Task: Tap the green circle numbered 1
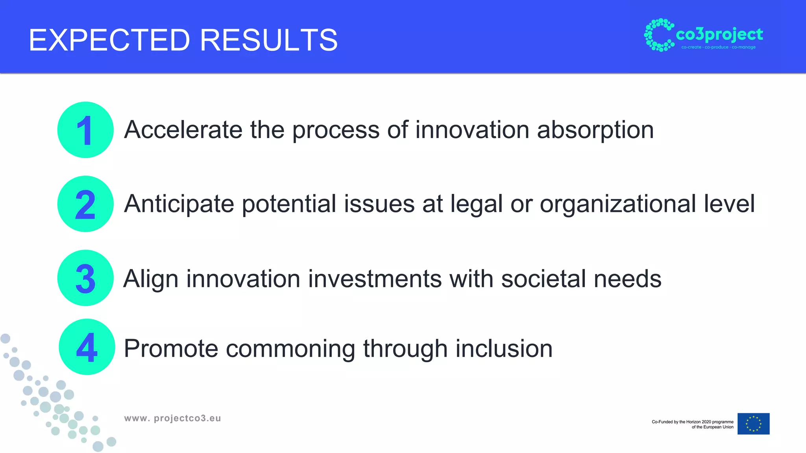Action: pyautogui.click(x=85, y=130)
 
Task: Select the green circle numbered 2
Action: pyautogui.click(x=85, y=204)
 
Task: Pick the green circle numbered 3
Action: pyautogui.click(x=85, y=278)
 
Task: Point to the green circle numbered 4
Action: pyautogui.click(x=87, y=347)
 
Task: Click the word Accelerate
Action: pyautogui.click(x=183, y=130)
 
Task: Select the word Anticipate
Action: pyautogui.click(x=179, y=204)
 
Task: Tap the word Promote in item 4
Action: pyautogui.click(x=171, y=348)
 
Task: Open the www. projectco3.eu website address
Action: pyautogui.click(x=172, y=418)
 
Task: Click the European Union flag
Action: pyautogui.click(x=753, y=424)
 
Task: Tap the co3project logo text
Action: pyautogui.click(x=719, y=35)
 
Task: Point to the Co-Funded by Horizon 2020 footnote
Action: pyautogui.click(x=692, y=424)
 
